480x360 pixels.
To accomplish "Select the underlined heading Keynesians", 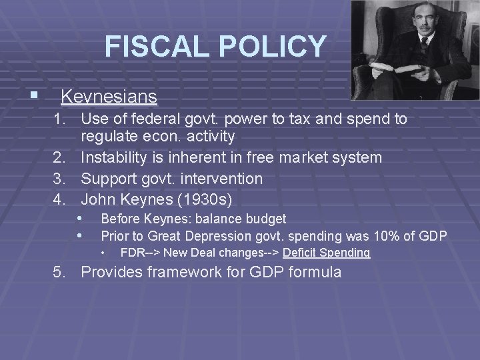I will (x=109, y=97).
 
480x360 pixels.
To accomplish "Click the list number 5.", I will (x=60, y=272).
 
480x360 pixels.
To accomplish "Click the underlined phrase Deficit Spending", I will (x=326, y=253).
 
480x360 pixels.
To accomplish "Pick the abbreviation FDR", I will (x=131, y=253).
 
